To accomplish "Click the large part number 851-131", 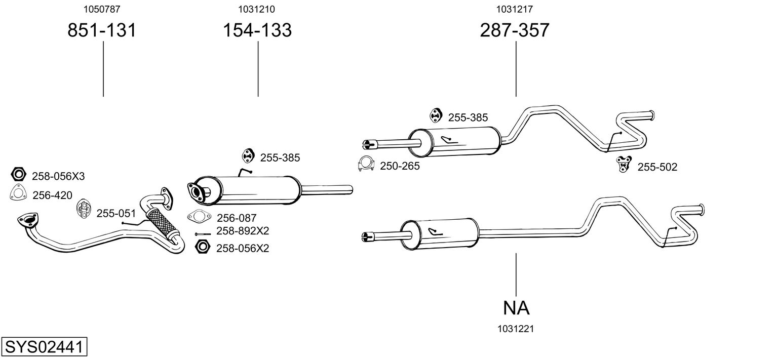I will point(102,30).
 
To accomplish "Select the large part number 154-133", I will point(257,30).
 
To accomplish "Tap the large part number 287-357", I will point(515,30).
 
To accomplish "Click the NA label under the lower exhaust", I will point(516,307).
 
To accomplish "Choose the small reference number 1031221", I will point(516,329).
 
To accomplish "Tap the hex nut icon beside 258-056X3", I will point(19,175).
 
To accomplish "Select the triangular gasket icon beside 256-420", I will point(18,194).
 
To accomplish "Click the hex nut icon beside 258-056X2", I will point(203,247).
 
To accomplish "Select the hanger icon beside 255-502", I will point(623,164).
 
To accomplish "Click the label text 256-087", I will point(237,218).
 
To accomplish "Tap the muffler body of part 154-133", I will point(248,190).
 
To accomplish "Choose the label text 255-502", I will point(657,167).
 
